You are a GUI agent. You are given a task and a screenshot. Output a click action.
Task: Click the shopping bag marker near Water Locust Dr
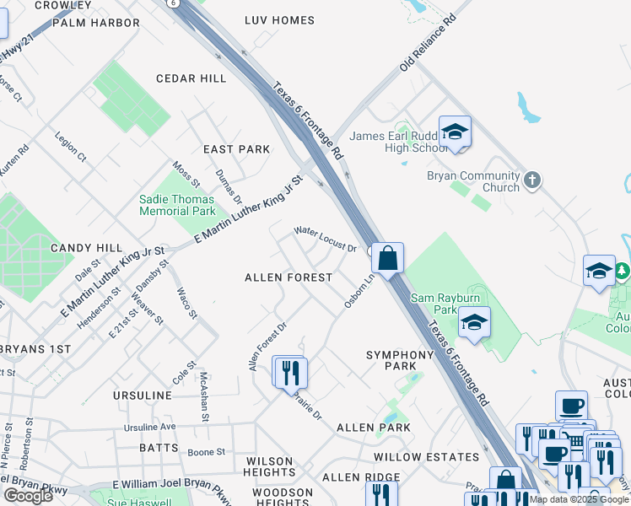point(387,257)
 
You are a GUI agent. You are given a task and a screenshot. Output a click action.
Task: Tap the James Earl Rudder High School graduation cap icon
point(455,132)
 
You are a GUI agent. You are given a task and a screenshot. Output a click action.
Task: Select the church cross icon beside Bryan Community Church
point(531,179)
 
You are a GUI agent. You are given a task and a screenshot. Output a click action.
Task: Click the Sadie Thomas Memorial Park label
point(177,205)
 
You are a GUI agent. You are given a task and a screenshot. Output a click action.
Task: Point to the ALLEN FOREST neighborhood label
point(288,277)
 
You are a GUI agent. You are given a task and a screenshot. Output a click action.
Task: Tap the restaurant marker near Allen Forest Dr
point(290,372)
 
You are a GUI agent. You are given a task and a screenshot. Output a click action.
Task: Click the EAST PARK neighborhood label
point(236,149)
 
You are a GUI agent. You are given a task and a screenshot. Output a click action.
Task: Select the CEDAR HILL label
point(191,78)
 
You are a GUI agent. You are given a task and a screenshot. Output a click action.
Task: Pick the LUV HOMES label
point(279,20)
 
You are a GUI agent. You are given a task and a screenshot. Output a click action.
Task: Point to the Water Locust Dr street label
point(325,240)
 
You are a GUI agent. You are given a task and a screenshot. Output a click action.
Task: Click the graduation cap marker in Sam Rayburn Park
point(474,323)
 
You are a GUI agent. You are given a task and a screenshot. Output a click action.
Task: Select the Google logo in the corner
point(28,496)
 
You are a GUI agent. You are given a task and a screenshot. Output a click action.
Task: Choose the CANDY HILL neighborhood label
point(87,248)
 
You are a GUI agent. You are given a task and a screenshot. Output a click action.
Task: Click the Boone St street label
point(206,452)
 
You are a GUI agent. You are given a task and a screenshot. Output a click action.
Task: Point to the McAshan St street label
point(203,396)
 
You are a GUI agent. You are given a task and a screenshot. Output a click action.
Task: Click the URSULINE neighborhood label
point(142,396)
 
